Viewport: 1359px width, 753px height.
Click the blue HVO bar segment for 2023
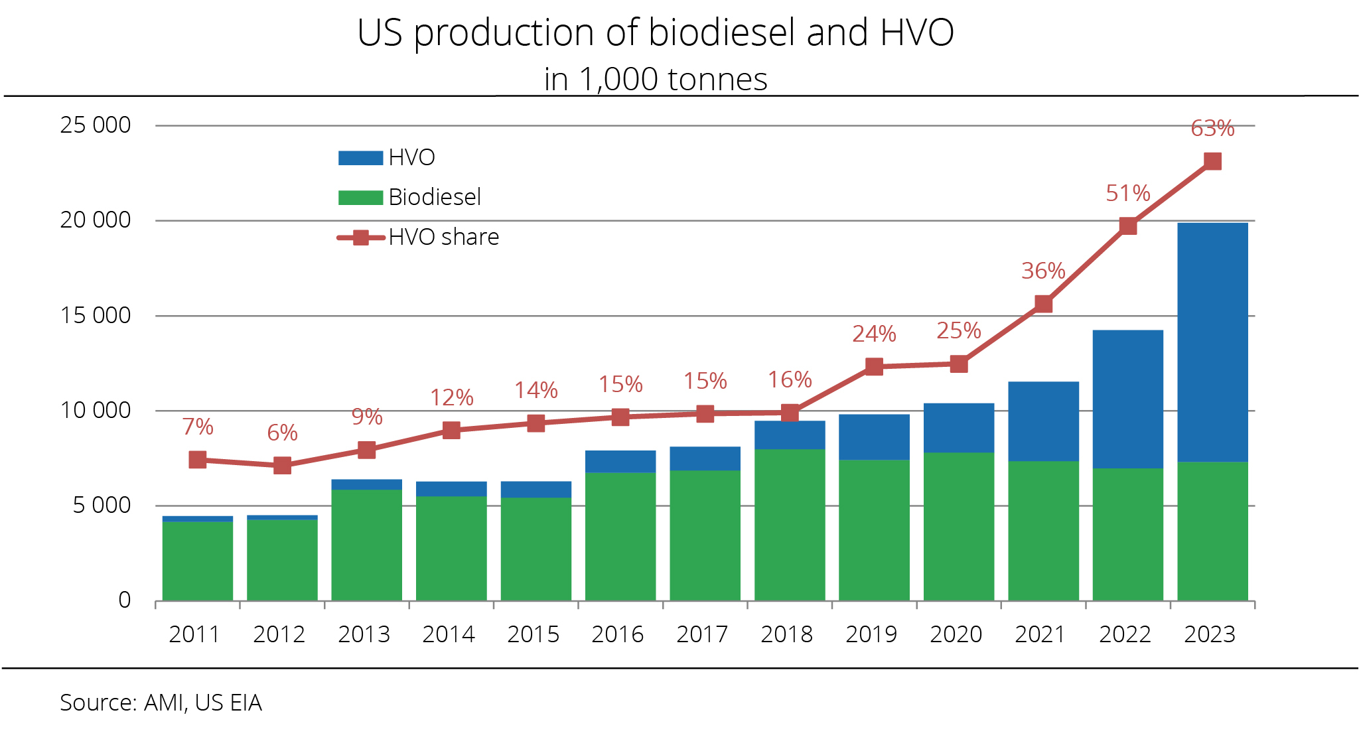(1212, 342)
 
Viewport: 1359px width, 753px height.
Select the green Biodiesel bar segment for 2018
(790, 525)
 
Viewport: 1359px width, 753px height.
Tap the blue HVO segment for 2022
(1127, 399)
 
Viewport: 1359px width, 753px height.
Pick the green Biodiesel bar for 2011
(198, 561)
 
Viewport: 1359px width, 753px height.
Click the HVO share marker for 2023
(1212, 161)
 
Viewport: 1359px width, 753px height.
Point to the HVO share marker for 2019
(874, 366)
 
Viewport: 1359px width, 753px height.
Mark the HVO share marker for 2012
(282, 465)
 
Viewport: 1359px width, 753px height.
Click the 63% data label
(1212, 128)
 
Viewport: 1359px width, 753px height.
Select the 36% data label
(1043, 271)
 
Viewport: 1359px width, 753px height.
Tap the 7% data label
(198, 427)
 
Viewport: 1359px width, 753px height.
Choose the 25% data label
(958, 330)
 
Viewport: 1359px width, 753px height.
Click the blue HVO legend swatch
(360, 158)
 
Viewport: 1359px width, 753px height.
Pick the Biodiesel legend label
(435, 197)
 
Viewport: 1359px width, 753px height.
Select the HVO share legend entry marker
(360, 238)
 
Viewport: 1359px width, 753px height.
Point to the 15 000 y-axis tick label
(96, 315)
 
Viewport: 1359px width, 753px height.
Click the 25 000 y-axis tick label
(96, 125)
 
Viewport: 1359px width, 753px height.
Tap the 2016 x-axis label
(617, 634)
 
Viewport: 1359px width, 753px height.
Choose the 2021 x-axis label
(1040, 634)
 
